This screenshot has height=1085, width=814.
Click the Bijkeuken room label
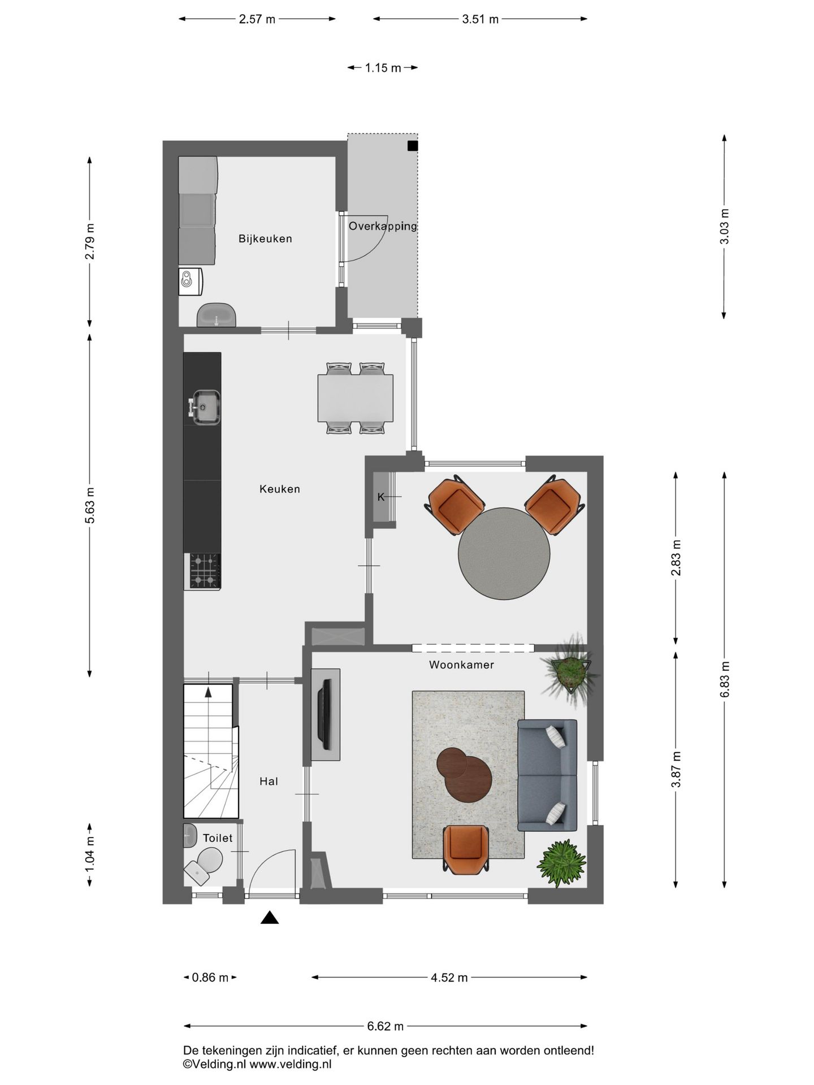tap(265, 238)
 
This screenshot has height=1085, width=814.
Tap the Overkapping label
tap(383, 226)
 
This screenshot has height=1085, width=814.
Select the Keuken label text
tap(279, 489)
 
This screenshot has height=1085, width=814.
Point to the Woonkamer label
tap(461, 665)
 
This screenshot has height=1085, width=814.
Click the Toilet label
tap(218, 838)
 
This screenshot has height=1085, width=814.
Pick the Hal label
tap(269, 782)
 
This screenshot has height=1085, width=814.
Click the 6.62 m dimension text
tap(386, 1026)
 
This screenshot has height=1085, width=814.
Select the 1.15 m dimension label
tap(383, 68)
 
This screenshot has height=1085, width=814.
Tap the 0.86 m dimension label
tap(210, 977)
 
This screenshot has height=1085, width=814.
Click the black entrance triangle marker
tap(270, 918)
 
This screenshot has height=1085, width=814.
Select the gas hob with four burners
tap(204, 571)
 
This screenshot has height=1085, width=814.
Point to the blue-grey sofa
tap(547, 775)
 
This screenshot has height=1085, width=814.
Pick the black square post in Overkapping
tap(413, 146)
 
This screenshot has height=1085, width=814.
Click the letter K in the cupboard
tap(380, 497)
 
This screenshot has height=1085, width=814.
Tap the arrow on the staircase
tap(208, 691)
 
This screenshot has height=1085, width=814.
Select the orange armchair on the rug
tap(466, 848)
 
